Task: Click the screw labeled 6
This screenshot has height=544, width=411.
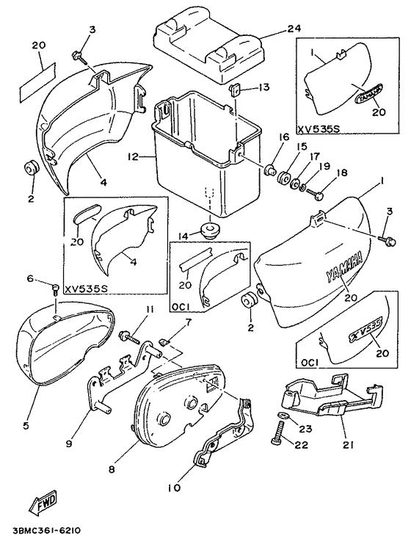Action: (x=54, y=288)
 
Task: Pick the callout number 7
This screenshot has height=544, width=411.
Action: (x=188, y=323)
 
